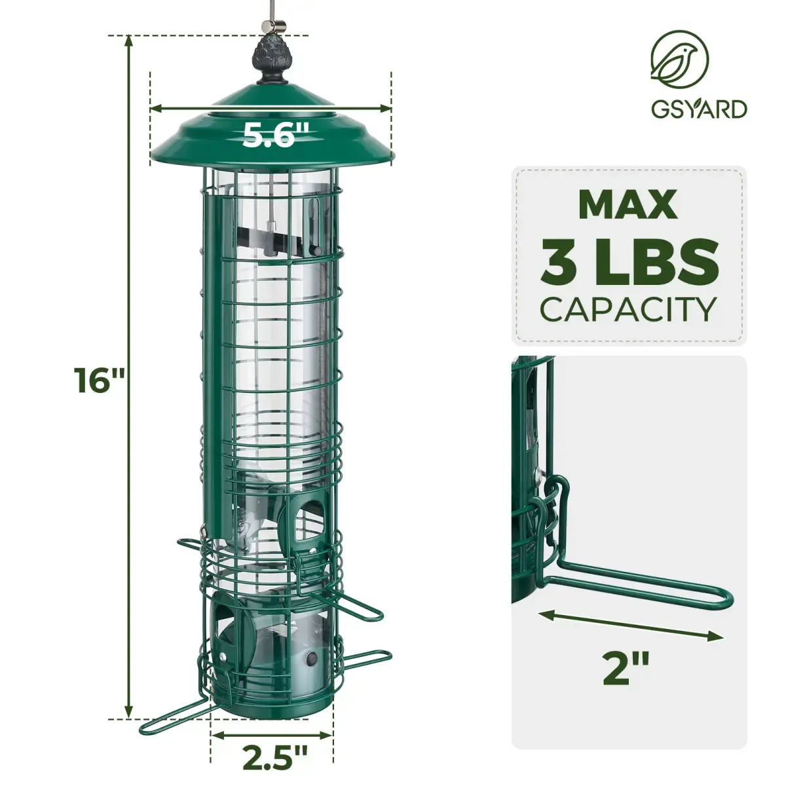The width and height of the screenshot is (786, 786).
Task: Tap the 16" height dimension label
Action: coord(100,381)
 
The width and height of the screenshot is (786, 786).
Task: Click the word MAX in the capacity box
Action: coord(627,206)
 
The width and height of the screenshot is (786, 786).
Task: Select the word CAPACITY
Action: coord(628,309)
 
